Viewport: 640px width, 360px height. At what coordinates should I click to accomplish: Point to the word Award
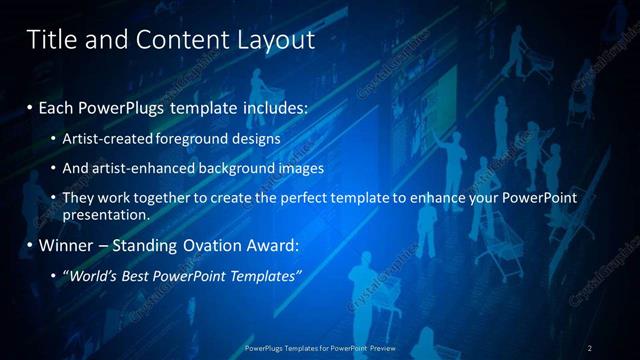pyautogui.click(x=263, y=245)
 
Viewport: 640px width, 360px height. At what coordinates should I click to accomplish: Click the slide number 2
pyautogui.click(x=590, y=348)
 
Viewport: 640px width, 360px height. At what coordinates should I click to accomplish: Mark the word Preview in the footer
pyautogui.click(x=378, y=348)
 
